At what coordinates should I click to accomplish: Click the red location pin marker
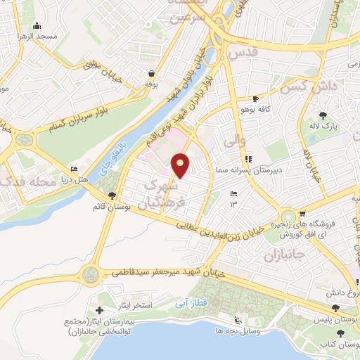[181, 165]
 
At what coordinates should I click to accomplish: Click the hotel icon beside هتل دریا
[75, 169]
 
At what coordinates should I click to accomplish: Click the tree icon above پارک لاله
[323, 116]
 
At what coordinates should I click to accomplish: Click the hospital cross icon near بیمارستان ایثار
[101, 309]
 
